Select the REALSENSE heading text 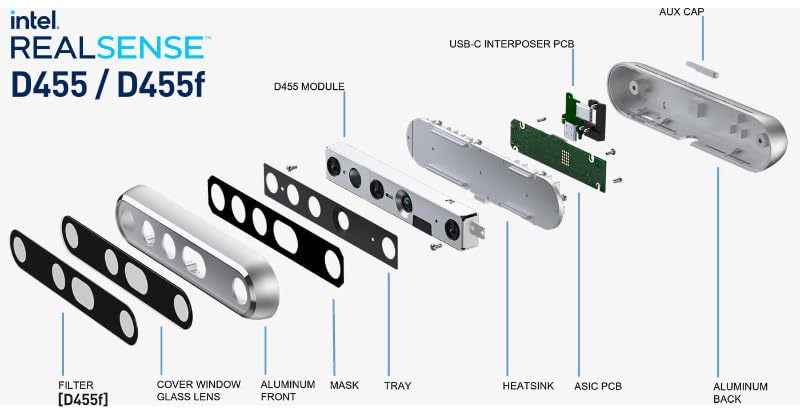point(110,47)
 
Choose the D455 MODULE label point(309,87)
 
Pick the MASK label point(344,385)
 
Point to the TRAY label point(397,385)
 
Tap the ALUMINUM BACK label point(740,392)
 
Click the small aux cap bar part point(705,68)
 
